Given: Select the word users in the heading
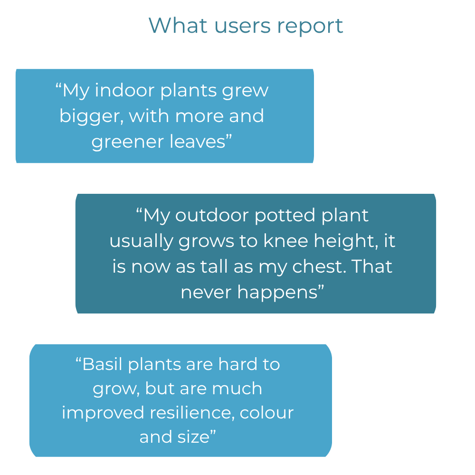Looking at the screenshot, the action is pyautogui.click(x=242, y=27).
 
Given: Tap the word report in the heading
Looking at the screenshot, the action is pyautogui.click(x=310, y=27).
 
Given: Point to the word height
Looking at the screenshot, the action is pyautogui.click(x=346, y=242).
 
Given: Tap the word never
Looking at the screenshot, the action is pyautogui.click(x=206, y=293).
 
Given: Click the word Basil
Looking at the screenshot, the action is pyautogui.click(x=103, y=364).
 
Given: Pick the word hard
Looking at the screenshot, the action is pyautogui.click(x=237, y=364).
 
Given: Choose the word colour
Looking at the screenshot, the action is pyautogui.click(x=266, y=413).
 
